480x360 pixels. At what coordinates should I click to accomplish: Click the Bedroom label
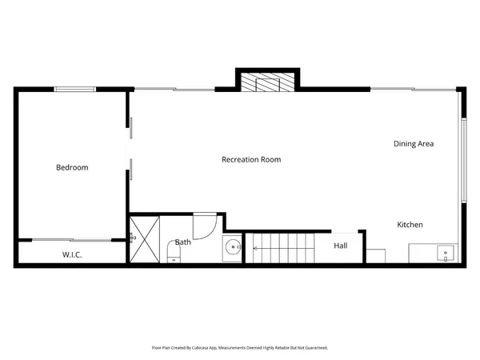(x=72, y=167)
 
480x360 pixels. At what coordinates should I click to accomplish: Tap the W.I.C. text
(x=73, y=254)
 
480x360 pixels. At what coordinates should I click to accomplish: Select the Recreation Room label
(x=251, y=159)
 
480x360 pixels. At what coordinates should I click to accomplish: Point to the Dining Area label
(x=414, y=144)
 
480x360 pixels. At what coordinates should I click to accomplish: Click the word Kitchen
(x=410, y=225)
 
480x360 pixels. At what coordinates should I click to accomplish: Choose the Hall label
(x=341, y=246)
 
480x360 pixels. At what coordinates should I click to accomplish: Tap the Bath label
(x=183, y=241)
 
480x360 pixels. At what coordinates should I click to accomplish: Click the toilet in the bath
(x=175, y=255)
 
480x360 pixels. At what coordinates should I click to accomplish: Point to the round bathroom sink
(x=233, y=248)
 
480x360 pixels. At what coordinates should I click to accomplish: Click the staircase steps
(x=284, y=247)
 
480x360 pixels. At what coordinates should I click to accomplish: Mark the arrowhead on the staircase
(x=254, y=248)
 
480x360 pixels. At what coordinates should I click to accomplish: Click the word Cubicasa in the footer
(x=208, y=348)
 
